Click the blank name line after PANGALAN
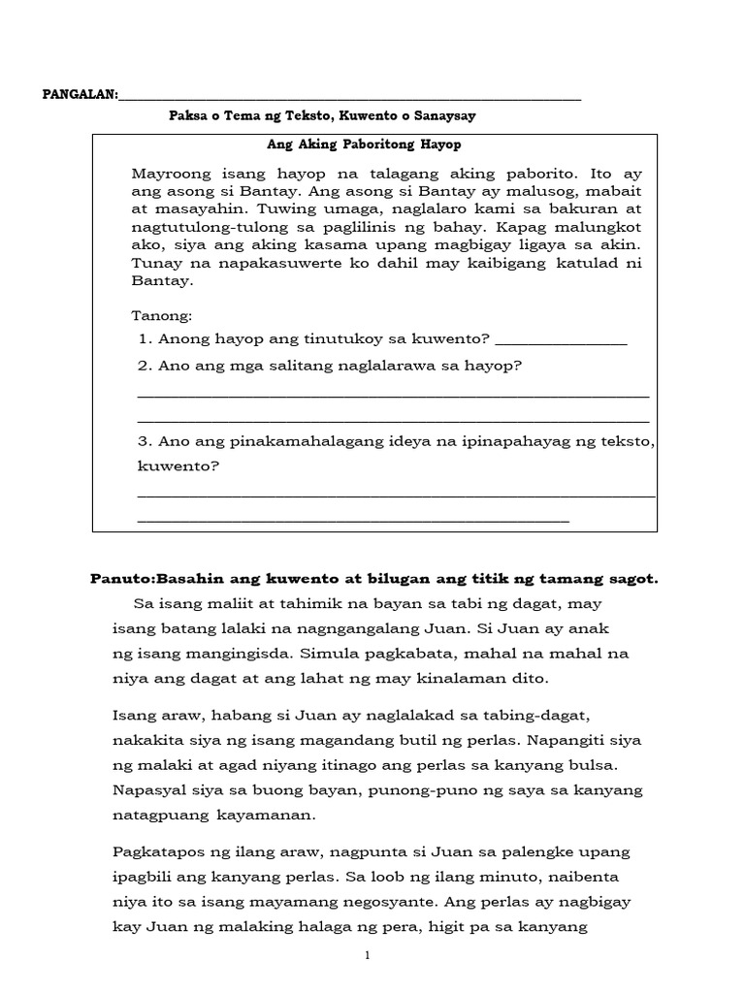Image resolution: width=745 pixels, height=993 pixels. tap(349, 97)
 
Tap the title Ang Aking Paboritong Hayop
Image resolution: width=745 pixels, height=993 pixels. tap(364, 144)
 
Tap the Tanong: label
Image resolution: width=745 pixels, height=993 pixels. tap(161, 315)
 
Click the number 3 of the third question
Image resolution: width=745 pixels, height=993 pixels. tap(144, 441)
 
